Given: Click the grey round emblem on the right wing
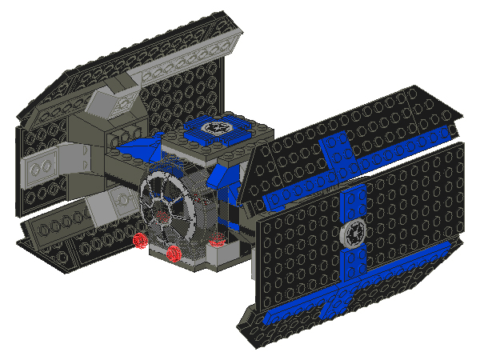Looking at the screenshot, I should pyautogui.click(x=353, y=233).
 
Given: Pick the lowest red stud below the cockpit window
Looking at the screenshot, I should pyautogui.click(x=174, y=254).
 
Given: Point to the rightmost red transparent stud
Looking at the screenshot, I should pyautogui.click(x=214, y=239).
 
